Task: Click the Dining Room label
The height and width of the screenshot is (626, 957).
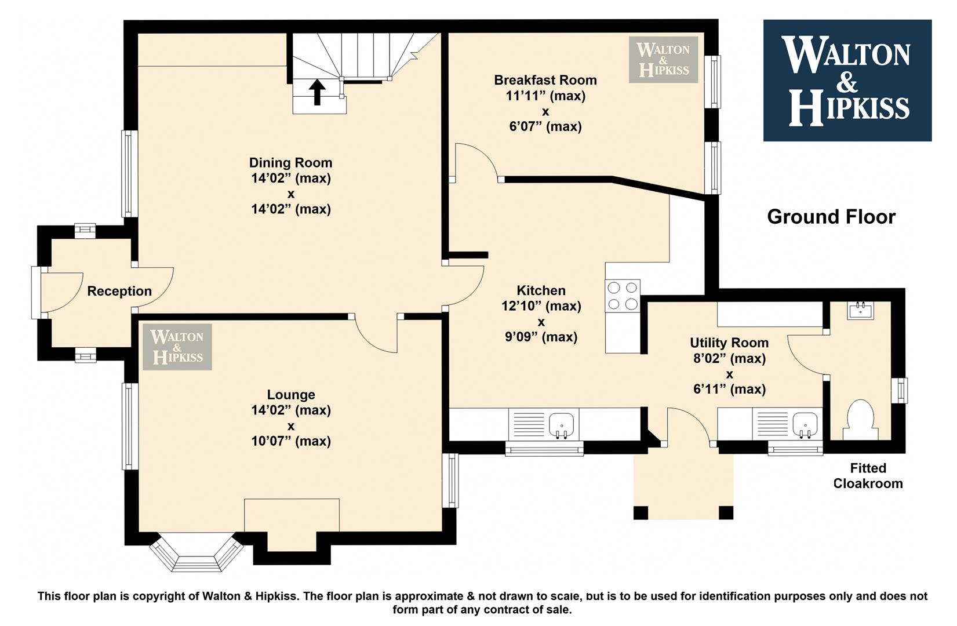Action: coord(290,163)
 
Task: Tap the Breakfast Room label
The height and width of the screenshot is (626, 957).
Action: coord(545,80)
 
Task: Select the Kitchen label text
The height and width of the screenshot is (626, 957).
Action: coord(541,290)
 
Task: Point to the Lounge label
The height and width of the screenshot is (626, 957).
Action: coord(291,394)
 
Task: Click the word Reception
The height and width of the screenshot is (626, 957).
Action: coord(119,292)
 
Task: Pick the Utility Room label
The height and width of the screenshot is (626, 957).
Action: coord(729,343)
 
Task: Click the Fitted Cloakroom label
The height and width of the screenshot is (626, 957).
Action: coord(868,476)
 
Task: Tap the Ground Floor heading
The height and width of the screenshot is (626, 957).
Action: coord(831,217)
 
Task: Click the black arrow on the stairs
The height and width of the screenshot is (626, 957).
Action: coord(317,92)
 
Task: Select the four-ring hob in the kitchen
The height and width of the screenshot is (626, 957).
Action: coord(623,296)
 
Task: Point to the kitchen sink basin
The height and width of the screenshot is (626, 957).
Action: coord(562,425)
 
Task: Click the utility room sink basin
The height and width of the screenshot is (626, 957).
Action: coord(806,425)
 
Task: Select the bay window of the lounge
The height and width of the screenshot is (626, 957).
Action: coord(197,552)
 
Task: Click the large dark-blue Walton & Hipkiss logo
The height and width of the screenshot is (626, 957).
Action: coord(847,81)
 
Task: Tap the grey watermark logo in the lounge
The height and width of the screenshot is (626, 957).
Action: coord(177,347)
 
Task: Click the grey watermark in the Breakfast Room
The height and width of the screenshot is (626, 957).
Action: coord(663,59)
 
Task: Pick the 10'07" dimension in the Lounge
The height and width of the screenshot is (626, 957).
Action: coord(290,441)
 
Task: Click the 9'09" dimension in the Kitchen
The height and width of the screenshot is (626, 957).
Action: coord(541,337)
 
